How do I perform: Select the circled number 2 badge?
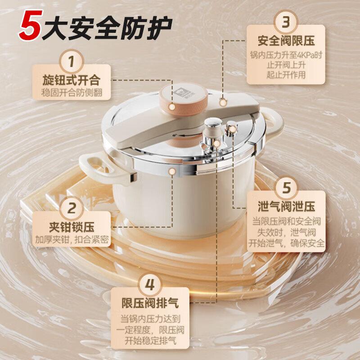click(71, 209)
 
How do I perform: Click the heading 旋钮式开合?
click(71, 81)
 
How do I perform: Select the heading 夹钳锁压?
click(71, 227)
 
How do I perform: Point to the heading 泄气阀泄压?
click(286, 207)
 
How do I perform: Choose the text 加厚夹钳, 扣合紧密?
click(71, 239)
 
